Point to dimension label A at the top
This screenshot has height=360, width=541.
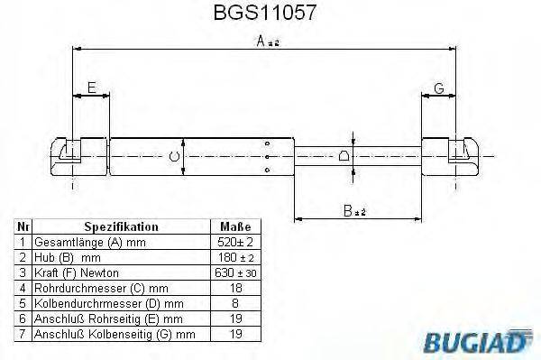tap(261, 41)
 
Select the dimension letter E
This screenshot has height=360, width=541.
tap(91, 88)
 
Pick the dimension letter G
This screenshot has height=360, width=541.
tap(439, 88)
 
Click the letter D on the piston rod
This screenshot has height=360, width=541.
tap(345, 156)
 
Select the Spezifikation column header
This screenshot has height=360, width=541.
tap(121, 227)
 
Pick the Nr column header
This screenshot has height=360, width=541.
tap(22, 227)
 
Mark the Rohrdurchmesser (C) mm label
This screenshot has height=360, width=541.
tap(87, 288)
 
